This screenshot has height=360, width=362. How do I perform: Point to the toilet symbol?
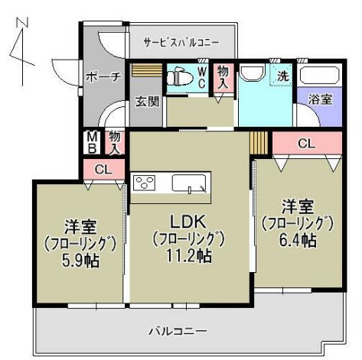181,76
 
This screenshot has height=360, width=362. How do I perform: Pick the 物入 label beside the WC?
223,76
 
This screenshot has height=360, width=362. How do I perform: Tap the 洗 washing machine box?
282,76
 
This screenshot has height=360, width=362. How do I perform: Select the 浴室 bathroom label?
320,99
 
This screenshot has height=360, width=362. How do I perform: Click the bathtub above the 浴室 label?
319,76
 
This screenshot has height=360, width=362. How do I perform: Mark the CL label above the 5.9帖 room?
103,170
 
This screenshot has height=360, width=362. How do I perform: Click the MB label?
91,142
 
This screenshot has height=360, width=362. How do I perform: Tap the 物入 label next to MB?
114,142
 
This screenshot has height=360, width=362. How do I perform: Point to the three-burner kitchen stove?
145,183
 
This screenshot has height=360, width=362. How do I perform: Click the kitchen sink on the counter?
188,183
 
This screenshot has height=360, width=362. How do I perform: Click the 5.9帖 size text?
80,260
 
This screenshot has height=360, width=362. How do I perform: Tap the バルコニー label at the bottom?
178,332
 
